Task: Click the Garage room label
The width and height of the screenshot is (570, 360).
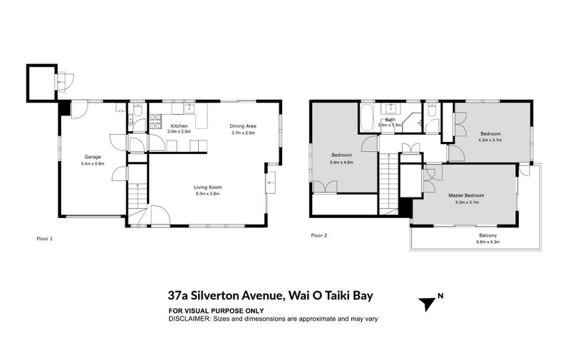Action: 93,157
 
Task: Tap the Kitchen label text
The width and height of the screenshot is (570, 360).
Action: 179,126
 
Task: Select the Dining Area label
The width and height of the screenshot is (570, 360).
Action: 242,126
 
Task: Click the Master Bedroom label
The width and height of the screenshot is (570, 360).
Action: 466,195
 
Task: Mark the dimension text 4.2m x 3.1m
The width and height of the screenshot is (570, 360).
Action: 490,140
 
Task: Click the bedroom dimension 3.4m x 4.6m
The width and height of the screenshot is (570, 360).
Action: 342,162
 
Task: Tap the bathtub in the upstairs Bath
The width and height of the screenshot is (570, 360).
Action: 367,118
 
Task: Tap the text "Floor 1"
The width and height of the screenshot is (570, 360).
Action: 44,238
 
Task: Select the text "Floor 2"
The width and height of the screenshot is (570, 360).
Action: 318,235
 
